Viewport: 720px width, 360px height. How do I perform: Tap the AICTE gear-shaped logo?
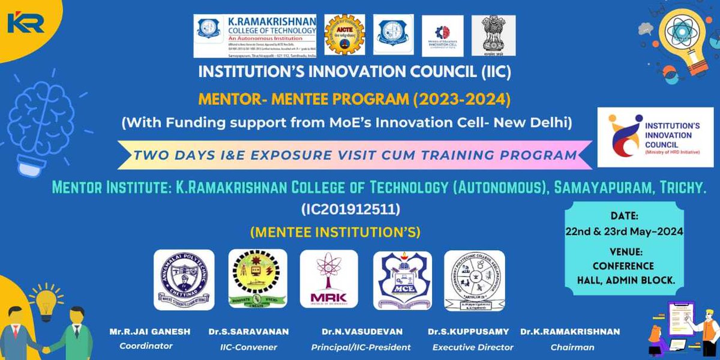point(344,35)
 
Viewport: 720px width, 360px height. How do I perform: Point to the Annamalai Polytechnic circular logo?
point(184,279)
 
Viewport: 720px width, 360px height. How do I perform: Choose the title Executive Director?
point(473,347)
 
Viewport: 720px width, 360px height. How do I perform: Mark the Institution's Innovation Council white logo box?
point(655,137)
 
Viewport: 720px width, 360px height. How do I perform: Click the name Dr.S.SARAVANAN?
point(257,332)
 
